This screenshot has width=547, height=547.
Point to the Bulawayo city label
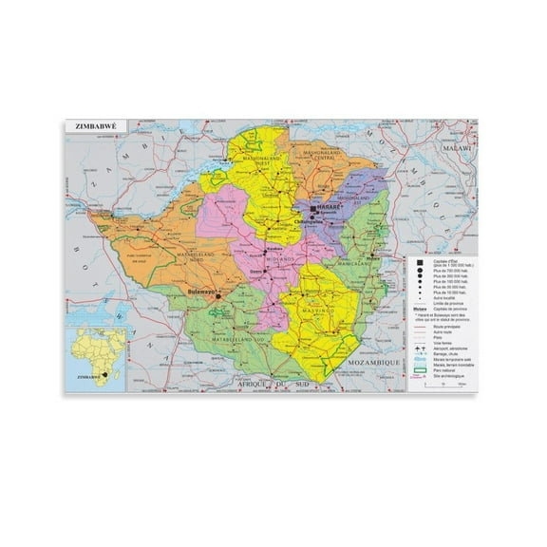point(202,292)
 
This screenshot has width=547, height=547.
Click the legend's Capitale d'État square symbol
point(418,261)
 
